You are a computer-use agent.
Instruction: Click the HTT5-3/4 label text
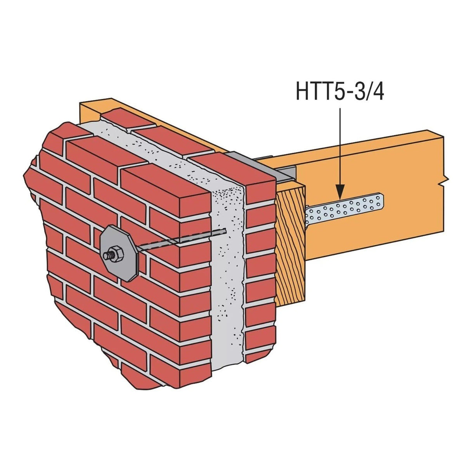click(340, 92)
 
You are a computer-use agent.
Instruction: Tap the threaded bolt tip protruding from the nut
click(106, 255)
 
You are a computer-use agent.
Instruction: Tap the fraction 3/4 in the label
click(371, 92)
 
